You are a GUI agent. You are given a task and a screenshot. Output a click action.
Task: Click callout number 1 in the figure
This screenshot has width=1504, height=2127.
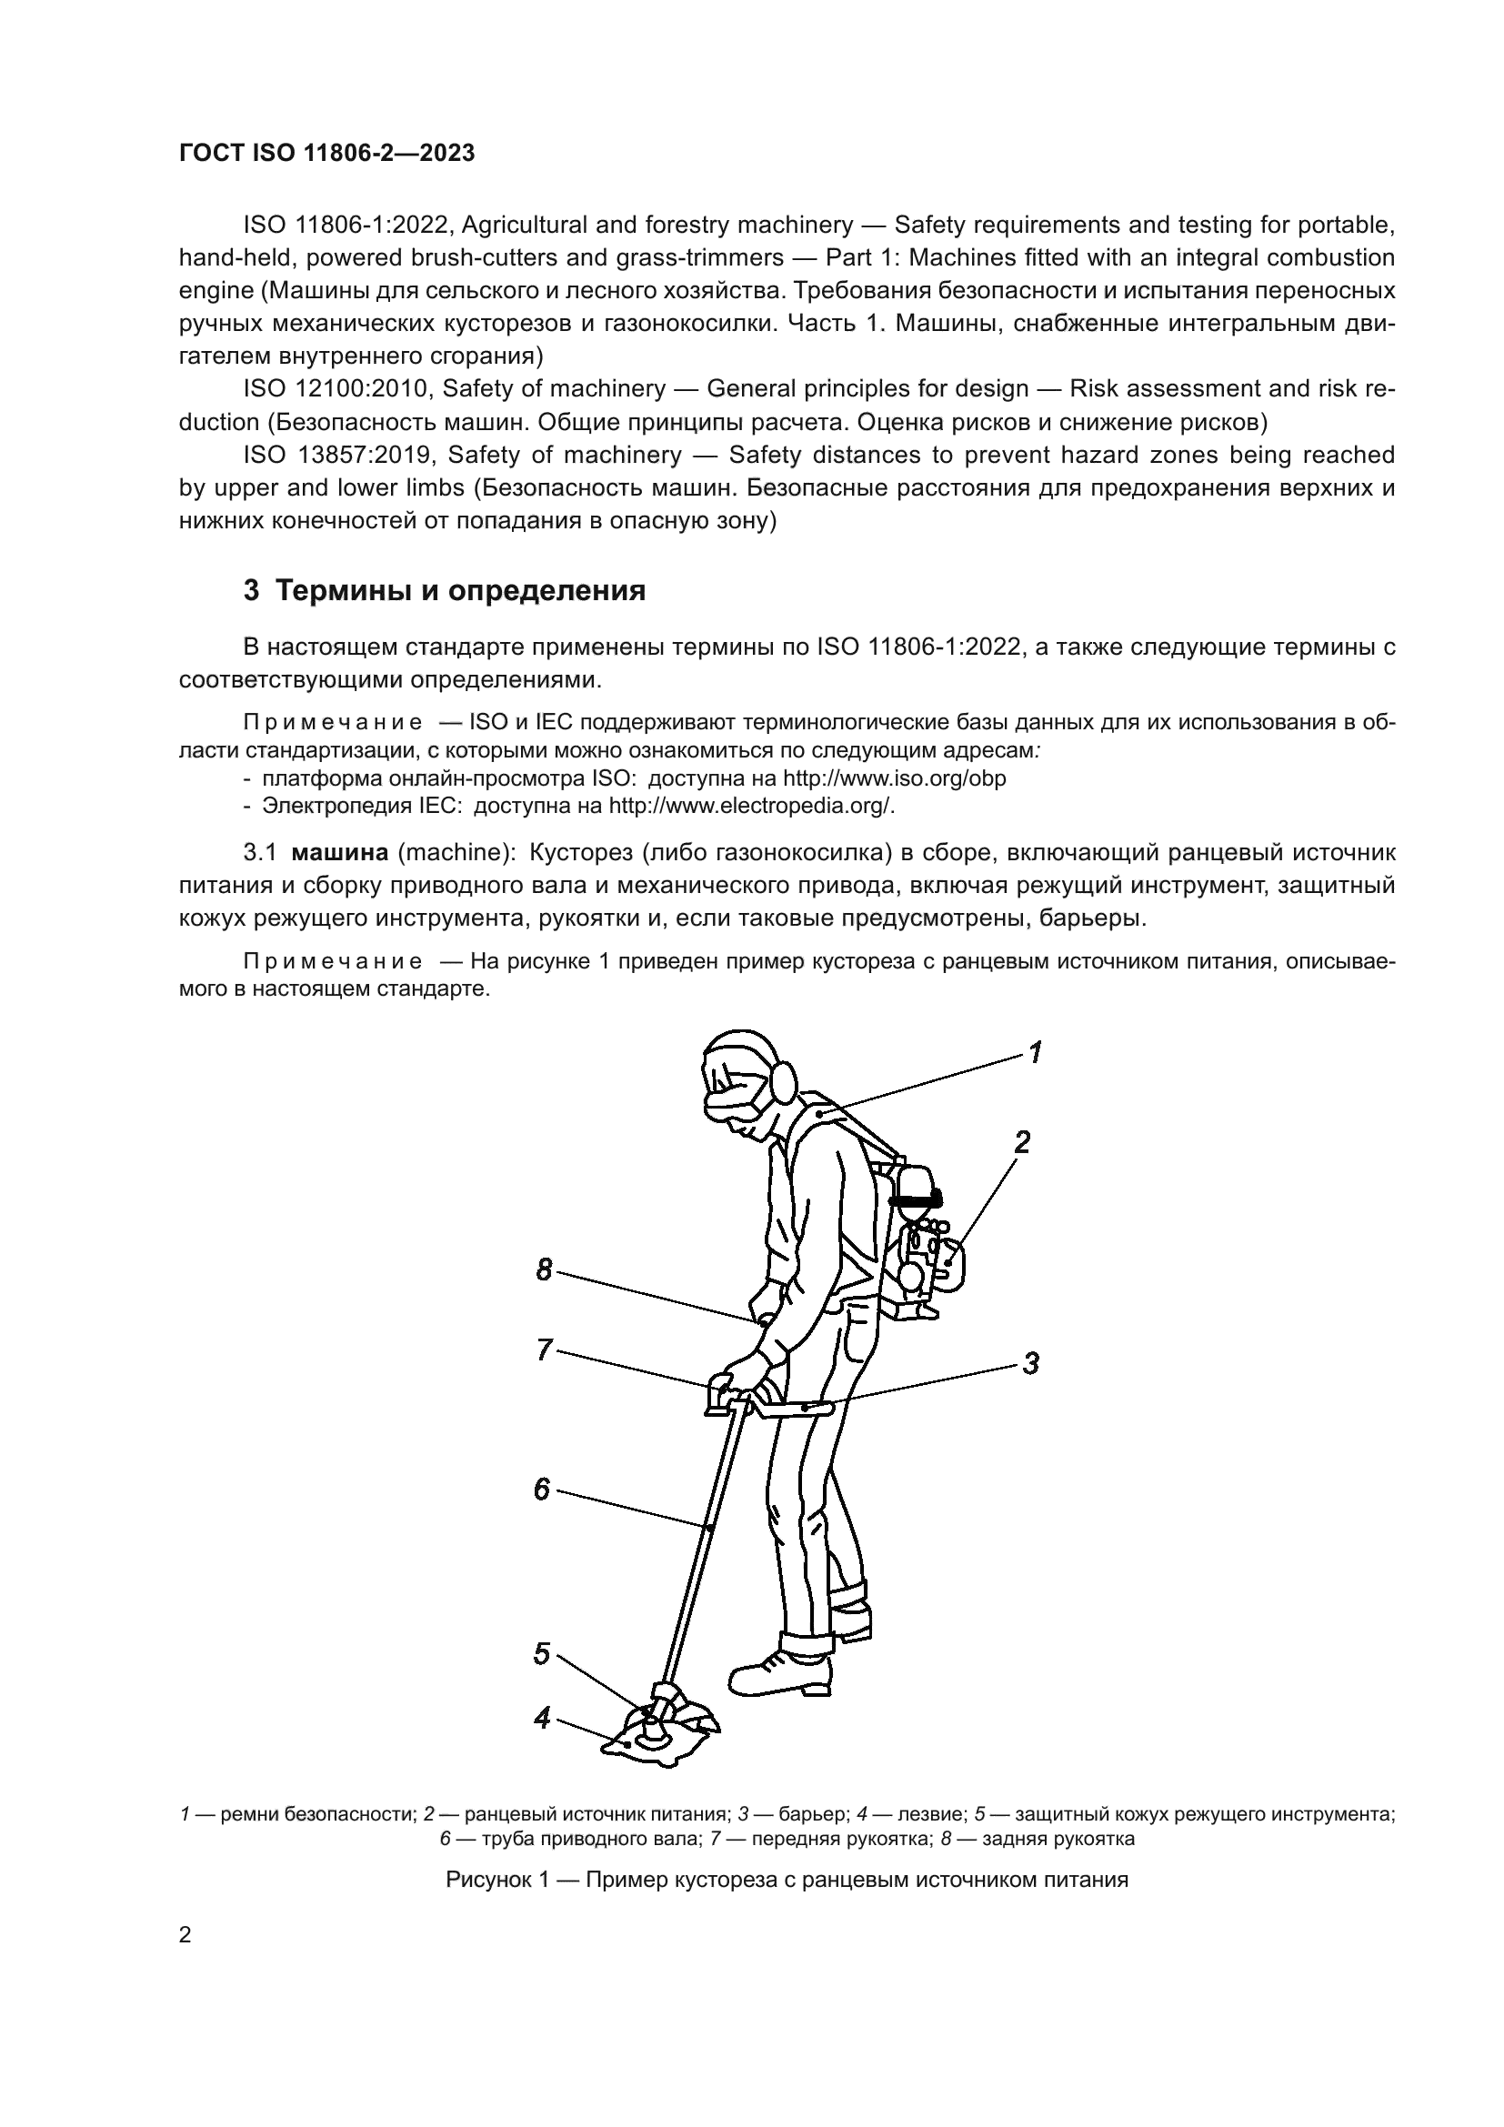tap(1036, 1052)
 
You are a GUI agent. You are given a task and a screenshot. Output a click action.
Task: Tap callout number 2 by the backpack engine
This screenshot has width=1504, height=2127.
tap(1021, 1142)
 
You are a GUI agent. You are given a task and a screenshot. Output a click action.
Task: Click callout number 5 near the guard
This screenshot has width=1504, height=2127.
tap(543, 1654)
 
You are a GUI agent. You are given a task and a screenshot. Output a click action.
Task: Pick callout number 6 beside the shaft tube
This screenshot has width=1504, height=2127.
tap(543, 1489)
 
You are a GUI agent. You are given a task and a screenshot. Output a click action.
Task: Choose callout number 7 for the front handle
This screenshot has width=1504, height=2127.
tap(545, 1349)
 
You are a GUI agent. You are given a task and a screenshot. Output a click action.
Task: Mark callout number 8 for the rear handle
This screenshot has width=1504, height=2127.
tap(545, 1269)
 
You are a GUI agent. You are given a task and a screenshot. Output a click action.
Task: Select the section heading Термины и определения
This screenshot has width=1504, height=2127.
tap(460, 591)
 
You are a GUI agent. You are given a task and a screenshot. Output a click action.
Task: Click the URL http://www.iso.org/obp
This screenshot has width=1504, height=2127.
tap(895, 778)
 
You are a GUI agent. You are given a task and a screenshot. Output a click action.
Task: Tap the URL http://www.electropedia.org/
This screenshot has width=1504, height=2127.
tap(751, 806)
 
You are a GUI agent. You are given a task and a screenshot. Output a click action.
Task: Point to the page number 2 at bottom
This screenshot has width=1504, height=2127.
tap(185, 1935)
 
